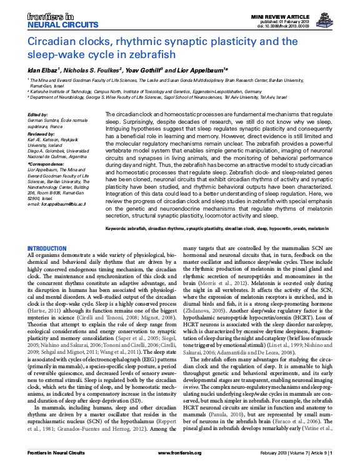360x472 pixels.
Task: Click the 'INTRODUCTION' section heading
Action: pos(47,249)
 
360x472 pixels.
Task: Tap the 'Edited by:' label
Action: pos(38,115)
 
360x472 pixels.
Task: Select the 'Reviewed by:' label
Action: pos(41,134)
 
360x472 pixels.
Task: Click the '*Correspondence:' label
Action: pos(46,163)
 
